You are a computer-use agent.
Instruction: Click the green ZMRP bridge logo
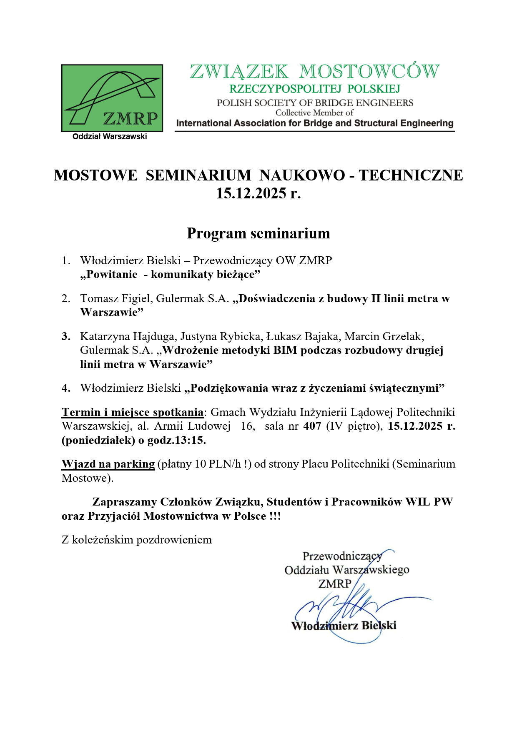click(112, 98)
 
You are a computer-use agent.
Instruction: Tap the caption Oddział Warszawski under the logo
click(110, 137)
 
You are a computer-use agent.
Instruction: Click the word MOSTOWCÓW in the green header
click(369, 72)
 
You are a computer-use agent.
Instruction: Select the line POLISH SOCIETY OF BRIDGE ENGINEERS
click(315, 103)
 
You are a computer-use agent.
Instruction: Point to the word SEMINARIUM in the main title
click(198, 175)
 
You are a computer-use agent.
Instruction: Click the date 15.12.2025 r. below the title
click(258, 193)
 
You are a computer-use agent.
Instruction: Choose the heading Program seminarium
click(258, 233)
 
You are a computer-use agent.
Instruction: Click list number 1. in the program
click(66, 261)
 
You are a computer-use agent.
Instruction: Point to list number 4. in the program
click(66, 388)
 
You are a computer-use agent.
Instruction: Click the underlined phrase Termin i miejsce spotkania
click(132, 413)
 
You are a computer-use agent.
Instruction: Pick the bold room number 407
click(312, 426)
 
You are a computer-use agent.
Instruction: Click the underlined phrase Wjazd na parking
click(108, 464)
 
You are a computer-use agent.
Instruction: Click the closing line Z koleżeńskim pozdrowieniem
click(137, 540)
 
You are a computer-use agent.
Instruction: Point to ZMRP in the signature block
click(335, 584)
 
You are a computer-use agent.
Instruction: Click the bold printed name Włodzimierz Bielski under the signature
click(344, 626)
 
